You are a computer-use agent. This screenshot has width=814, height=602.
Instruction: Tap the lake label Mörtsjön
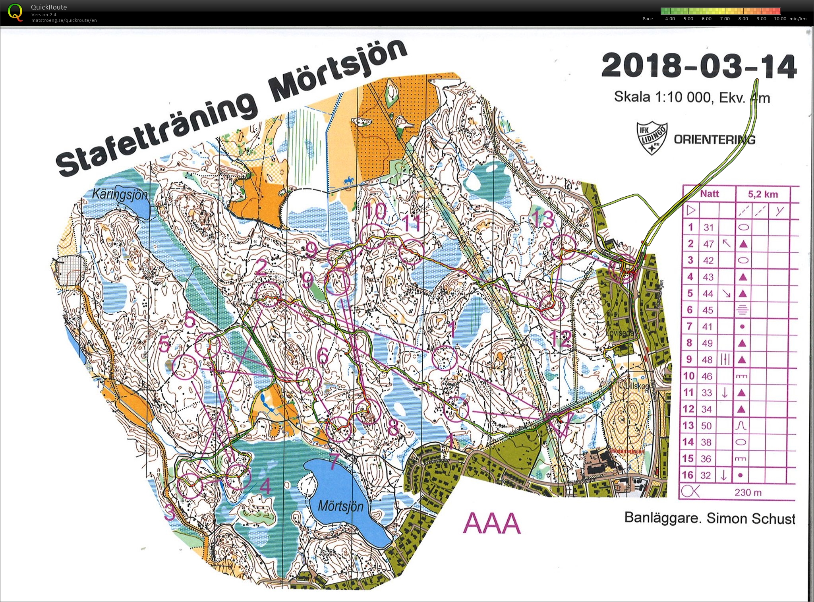[340, 506]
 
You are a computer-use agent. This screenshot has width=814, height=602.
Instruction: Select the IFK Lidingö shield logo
[652, 137]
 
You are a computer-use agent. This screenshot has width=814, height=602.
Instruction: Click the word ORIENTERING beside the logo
[714, 139]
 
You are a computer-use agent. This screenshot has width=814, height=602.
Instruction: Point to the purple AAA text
[491, 523]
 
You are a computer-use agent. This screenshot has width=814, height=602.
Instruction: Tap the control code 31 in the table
[709, 227]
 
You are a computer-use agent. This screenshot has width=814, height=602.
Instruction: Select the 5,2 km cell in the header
[763, 194]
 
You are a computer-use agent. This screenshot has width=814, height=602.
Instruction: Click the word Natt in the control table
[709, 194]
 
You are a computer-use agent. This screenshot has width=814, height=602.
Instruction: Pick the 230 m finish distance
[748, 492]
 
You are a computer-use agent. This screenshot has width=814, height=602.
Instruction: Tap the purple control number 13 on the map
[542, 219]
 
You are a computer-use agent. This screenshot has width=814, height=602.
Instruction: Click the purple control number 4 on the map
[265, 486]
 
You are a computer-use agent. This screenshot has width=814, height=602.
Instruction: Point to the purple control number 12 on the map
[560, 338]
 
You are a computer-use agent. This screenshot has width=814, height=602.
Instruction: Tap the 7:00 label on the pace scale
[725, 19]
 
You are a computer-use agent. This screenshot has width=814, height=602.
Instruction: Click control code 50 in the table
[706, 426]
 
